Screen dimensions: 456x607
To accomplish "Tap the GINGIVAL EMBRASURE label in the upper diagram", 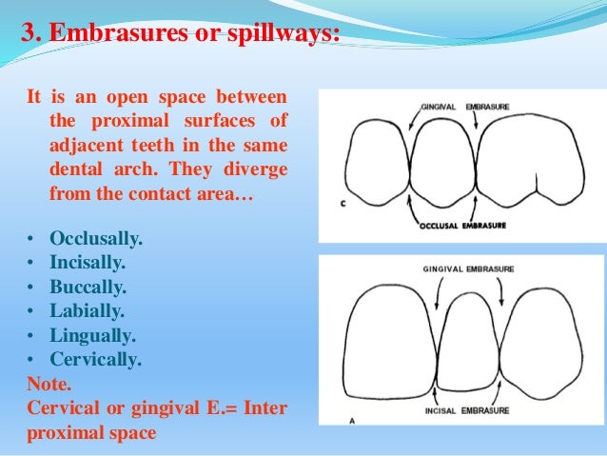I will point(467,109).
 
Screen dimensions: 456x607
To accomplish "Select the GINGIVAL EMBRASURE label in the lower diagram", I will point(468,269).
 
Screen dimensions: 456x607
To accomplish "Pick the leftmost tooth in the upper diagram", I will point(377,162).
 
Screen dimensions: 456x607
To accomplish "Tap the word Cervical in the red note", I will point(66,409).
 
